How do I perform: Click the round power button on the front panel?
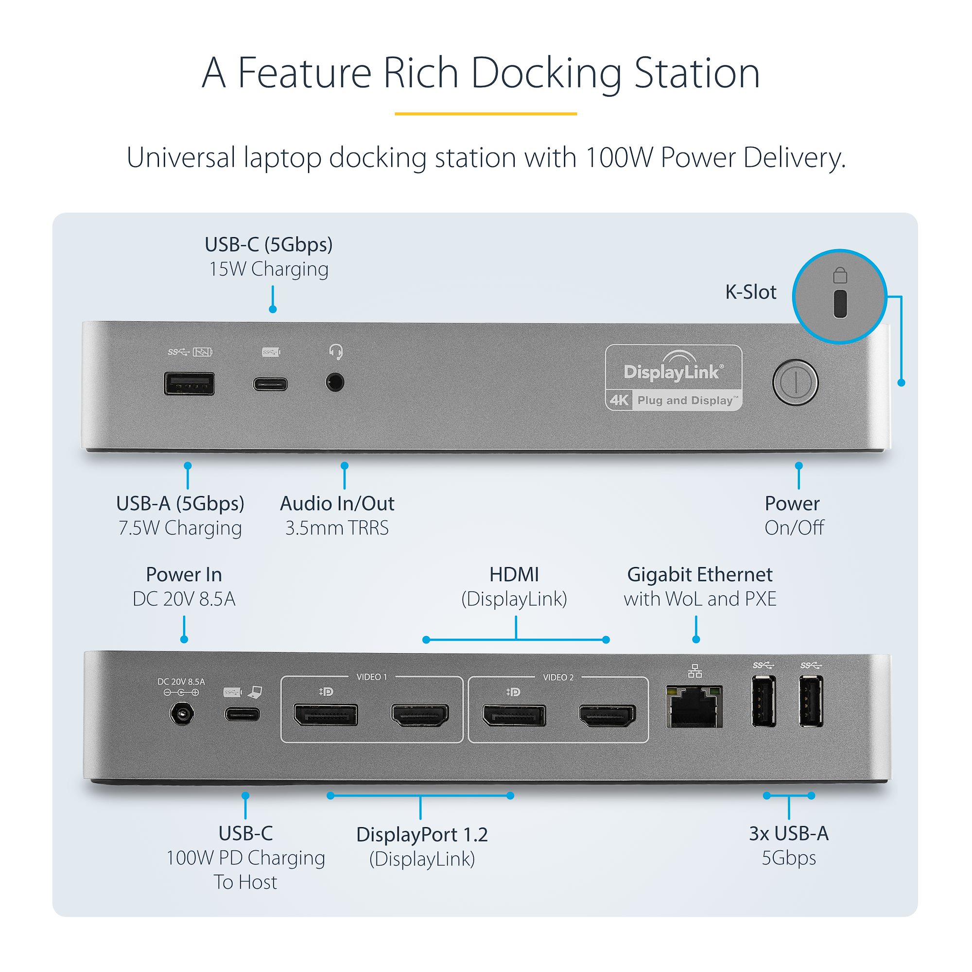tap(795, 382)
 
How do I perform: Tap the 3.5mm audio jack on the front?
tap(334, 382)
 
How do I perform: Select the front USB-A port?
tap(189, 384)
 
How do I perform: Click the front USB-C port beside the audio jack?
tap(271, 384)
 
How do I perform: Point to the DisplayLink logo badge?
tap(674, 378)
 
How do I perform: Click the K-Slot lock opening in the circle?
tap(840, 304)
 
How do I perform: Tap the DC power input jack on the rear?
tap(182, 714)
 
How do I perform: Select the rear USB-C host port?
tap(243, 714)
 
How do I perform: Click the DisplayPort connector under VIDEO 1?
tap(326, 715)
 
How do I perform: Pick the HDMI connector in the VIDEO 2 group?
tap(607, 715)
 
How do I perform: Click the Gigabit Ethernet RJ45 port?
tap(694, 706)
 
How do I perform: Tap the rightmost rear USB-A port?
tap(811, 701)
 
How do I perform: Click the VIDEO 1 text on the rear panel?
tap(372, 677)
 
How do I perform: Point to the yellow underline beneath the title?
tap(486, 114)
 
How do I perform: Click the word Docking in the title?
tap(546, 73)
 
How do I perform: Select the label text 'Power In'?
tap(184, 574)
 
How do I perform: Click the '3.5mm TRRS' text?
tap(337, 528)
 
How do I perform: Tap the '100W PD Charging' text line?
tap(245, 858)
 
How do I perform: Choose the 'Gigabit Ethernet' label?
tap(699, 574)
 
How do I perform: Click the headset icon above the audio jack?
tap(335, 352)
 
